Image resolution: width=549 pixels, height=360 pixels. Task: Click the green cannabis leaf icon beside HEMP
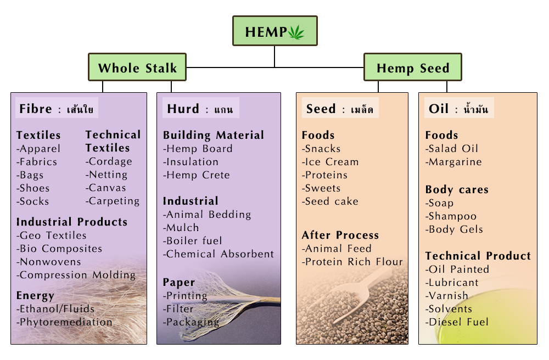tap(296, 32)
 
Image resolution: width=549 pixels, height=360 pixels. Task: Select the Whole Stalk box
tap(137, 67)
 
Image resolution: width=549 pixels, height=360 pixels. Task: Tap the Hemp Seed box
tap(413, 67)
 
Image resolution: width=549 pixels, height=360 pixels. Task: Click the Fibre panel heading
tap(57, 108)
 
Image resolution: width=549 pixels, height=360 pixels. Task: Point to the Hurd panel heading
tap(200, 108)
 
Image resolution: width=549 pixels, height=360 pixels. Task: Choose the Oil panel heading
tap(458, 108)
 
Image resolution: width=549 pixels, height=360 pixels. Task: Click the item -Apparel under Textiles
tap(38, 149)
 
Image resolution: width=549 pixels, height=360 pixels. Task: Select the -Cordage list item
tap(109, 162)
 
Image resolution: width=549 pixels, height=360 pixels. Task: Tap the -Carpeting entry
tap(113, 201)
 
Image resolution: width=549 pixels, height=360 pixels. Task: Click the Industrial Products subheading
tap(72, 222)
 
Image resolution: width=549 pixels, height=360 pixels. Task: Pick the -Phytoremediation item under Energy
tap(64, 322)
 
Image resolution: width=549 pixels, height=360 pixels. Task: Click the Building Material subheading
tap(213, 136)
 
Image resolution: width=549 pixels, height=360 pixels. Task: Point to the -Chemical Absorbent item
tap(219, 254)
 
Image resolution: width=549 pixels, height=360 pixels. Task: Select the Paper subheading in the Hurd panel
tap(178, 283)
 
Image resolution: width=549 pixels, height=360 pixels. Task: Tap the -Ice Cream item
tap(330, 162)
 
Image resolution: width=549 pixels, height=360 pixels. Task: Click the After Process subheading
tap(340, 235)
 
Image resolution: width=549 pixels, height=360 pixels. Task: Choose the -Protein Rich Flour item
tap(352, 262)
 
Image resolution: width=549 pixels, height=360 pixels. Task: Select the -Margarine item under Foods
tap(453, 162)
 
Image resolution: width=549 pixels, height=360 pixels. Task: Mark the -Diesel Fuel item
tap(457, 322)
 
